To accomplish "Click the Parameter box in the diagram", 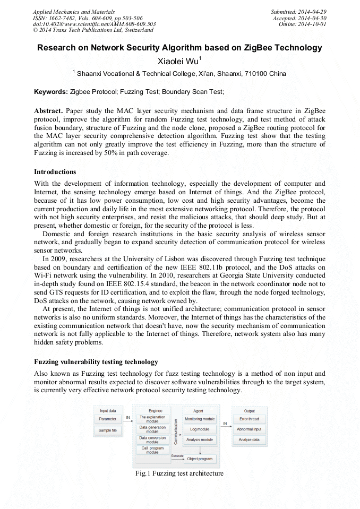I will (108, 419).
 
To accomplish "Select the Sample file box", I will (108, 430).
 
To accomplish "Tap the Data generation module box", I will (152, 429).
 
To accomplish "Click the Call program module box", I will (152, 450).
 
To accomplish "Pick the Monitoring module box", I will (200, 419).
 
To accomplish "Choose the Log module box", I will (200, 429).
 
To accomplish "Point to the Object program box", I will (200, 459).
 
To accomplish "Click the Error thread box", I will (249, 419).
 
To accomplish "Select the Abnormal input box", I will (249, 429).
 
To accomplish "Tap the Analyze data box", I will (249, 439).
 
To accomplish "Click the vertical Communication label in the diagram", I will (176, 431).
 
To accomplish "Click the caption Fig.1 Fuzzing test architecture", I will (179, 473).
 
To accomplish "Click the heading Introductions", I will (55, 172).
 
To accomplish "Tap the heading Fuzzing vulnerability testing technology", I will (96, 362).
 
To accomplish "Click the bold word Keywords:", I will (50, 92).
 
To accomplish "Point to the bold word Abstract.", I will (48, 111).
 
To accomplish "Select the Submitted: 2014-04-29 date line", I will (298, 11).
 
